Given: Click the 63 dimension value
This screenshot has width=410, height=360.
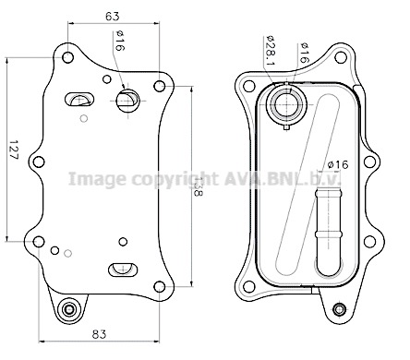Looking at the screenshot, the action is point(113,16).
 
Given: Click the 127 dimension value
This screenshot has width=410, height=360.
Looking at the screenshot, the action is point(13,150).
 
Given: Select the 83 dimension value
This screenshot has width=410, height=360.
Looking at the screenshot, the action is point(99,334).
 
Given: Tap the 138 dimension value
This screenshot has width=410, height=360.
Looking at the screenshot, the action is point(199,186).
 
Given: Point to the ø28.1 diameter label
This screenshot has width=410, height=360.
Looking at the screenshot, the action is point(271,51).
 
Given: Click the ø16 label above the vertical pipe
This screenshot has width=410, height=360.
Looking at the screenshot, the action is point(338,164).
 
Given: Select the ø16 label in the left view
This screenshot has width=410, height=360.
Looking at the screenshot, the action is point(120,41).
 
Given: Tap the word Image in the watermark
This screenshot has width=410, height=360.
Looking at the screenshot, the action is point(97,179).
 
